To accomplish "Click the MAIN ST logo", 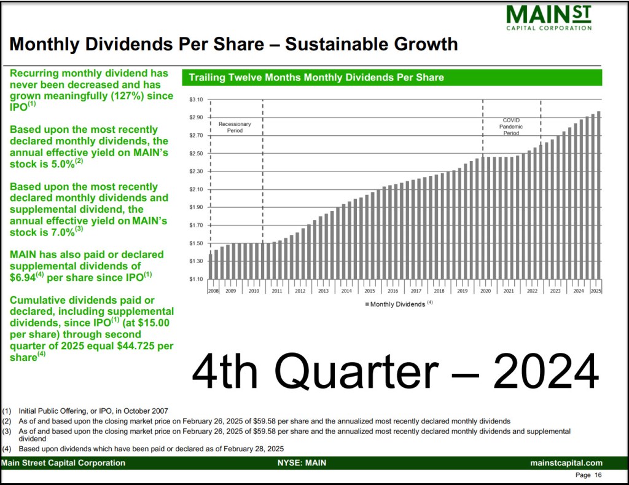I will point(549,17).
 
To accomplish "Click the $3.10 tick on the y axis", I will point(196,100).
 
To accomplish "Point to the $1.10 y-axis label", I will point(196,279).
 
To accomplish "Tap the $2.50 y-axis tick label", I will point(196,153).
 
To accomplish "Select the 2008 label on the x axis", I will point(213,291).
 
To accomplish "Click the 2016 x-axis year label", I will point(393,291).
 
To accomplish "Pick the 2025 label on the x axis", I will point(595,291).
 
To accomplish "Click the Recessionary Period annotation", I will point(235,127).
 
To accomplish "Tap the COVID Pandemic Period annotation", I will point(511,127).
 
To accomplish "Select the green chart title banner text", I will point(316,77).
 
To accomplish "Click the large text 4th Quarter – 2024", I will point(395,371).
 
